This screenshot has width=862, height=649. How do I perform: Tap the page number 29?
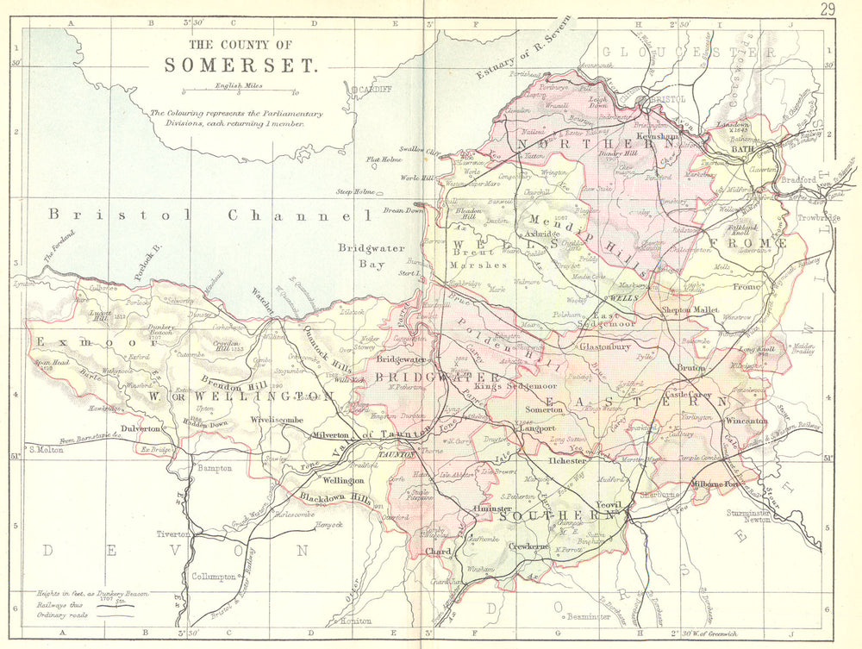(828, 9)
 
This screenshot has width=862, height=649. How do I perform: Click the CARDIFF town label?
(372, 89)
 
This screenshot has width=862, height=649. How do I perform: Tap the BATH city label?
(742, 149)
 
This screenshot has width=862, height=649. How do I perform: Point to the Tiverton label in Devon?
(172, 534)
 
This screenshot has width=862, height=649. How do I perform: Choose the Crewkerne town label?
(530, 546)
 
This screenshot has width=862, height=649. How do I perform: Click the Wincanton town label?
(746, 421)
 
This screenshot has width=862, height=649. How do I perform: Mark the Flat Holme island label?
(384, 159)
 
